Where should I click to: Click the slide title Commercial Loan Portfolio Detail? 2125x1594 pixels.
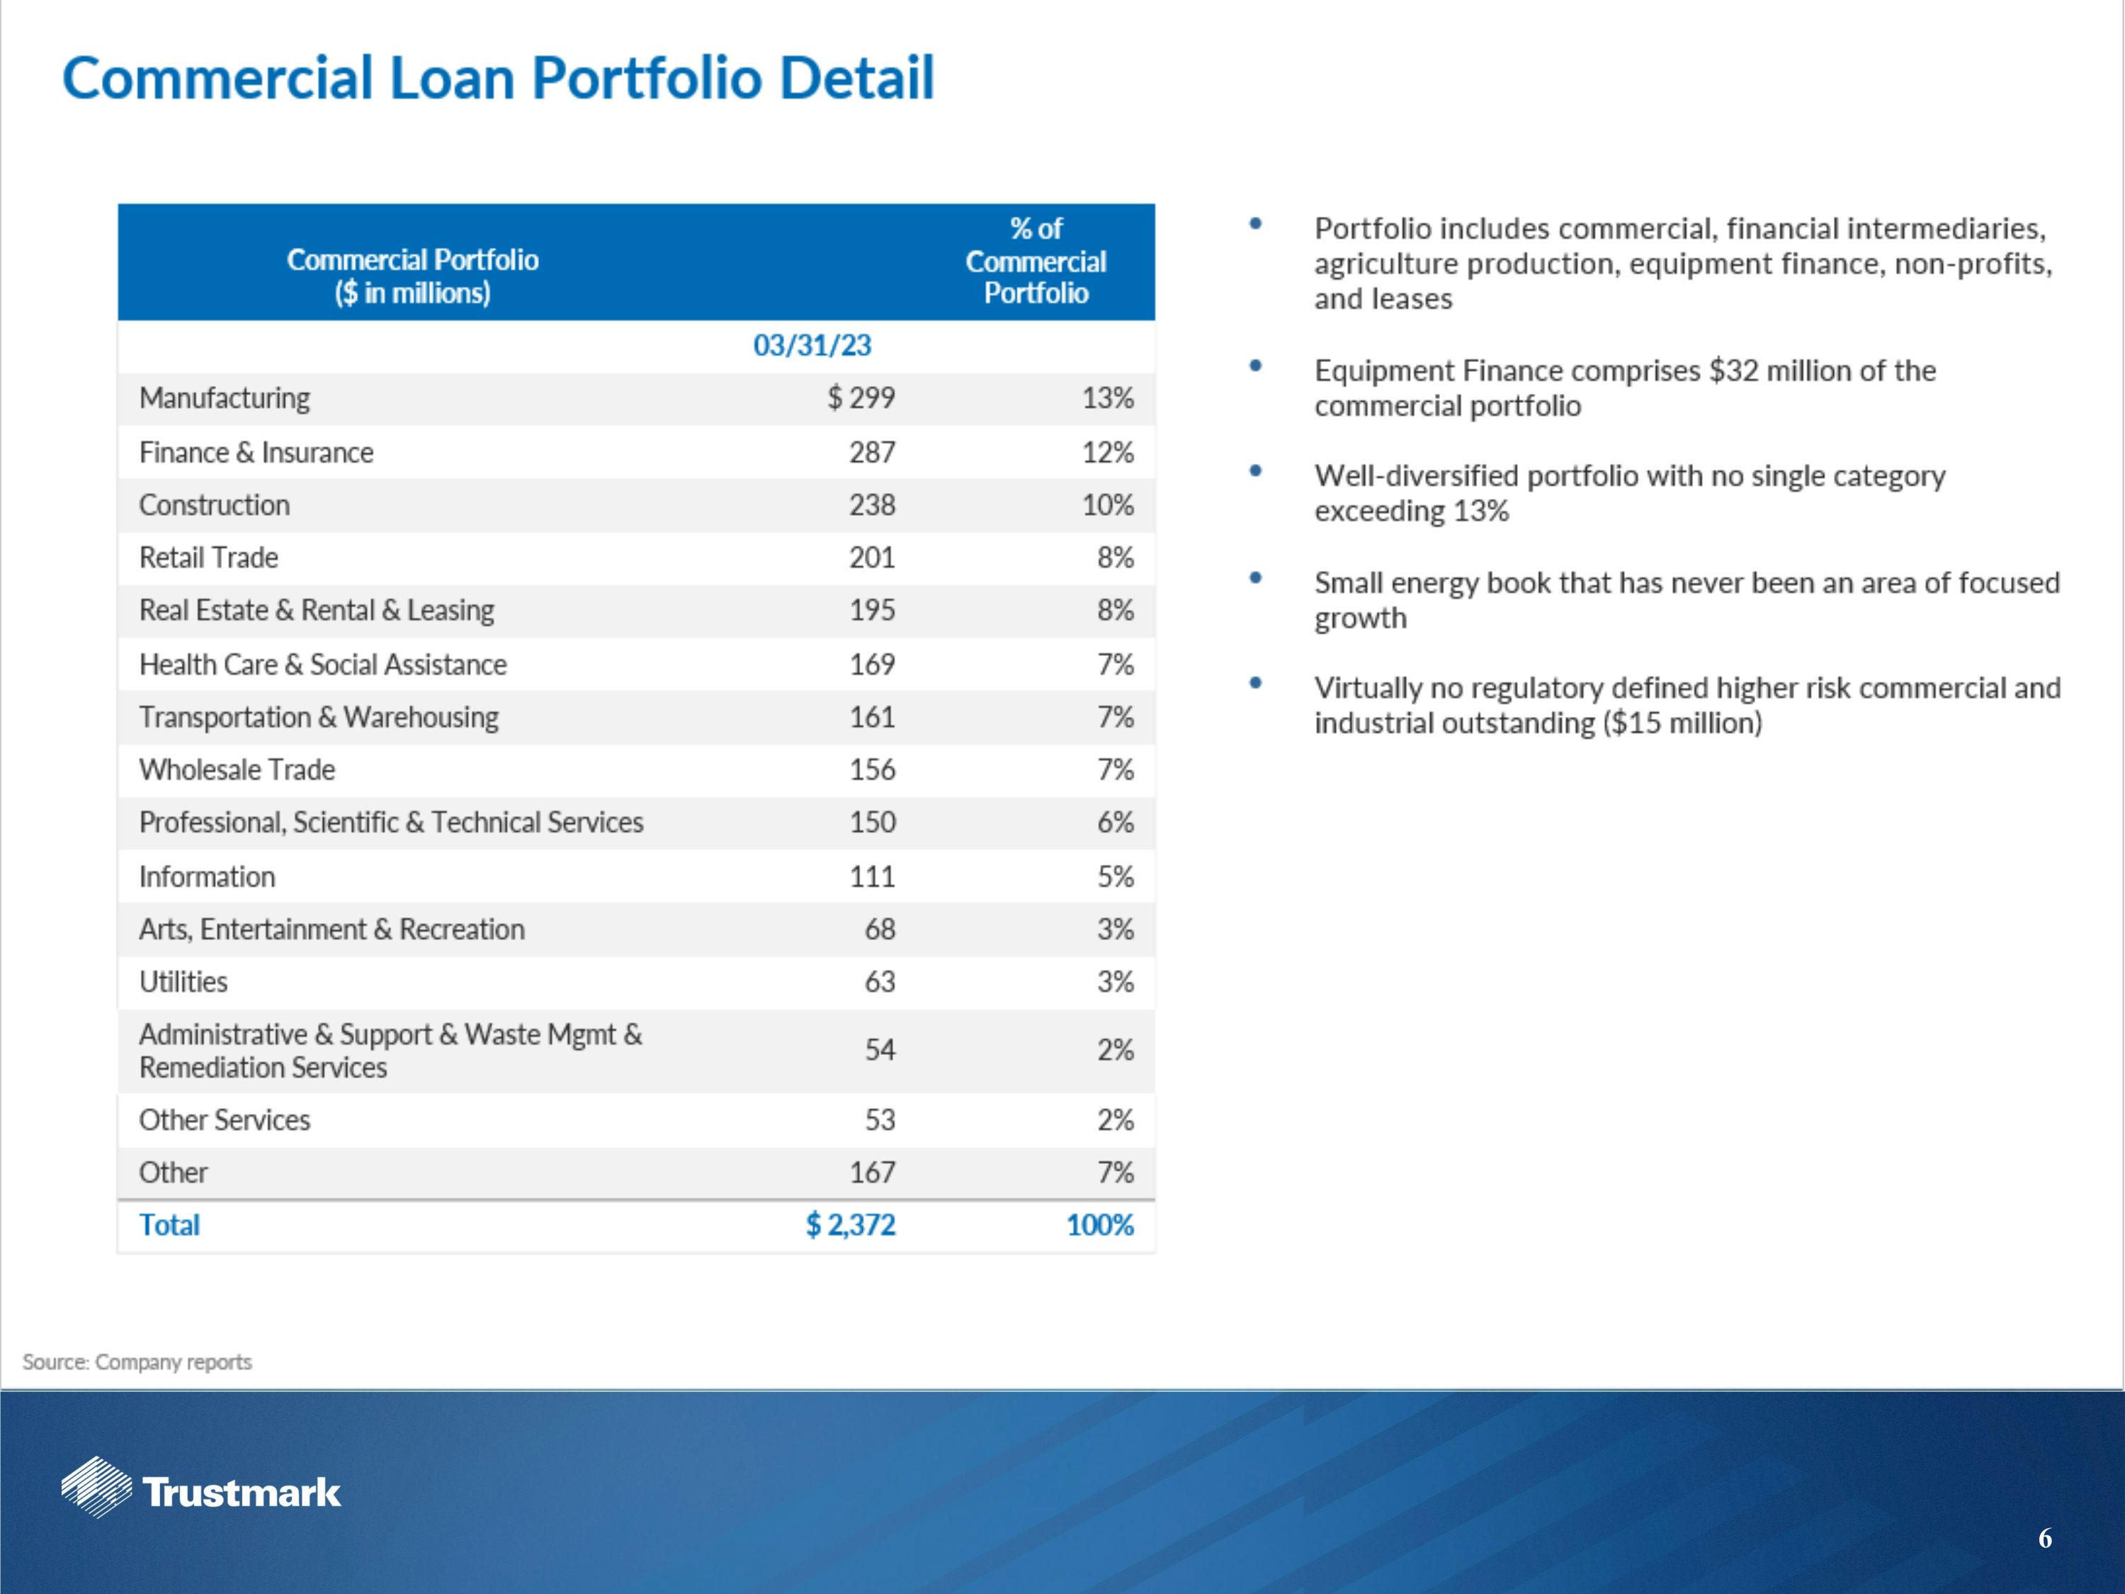498,78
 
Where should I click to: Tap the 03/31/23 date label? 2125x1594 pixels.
812,345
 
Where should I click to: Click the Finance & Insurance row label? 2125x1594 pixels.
256,453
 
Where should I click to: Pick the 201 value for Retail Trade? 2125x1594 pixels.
871,558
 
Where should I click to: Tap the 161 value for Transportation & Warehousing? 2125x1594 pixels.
871,718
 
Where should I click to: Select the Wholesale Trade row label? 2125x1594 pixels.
237,769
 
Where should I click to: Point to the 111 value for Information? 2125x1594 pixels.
871,876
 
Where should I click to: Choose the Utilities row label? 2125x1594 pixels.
183,982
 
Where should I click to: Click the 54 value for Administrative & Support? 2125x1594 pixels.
879,1049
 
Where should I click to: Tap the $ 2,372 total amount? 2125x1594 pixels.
850,1225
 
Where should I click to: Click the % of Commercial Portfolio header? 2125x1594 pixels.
1036,261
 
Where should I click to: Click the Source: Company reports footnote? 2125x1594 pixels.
137,1362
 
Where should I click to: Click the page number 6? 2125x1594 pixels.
2044,1538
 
